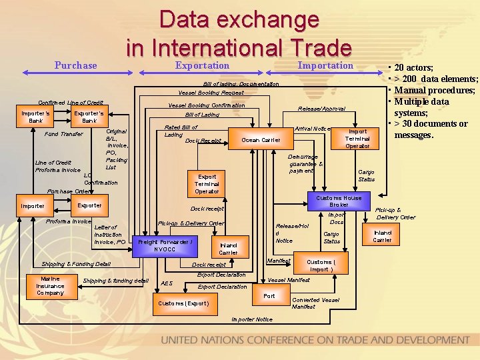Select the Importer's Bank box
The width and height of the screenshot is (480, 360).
coord(36,117)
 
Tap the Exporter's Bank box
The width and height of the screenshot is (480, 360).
coord(89,117)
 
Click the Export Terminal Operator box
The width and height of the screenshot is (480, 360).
coord(207,183)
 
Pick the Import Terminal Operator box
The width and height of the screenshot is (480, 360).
coord(357,137)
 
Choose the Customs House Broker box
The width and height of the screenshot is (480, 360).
coord(339,201)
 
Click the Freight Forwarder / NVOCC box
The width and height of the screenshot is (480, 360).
coord(165,245)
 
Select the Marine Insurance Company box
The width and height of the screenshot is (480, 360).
coord(50,285)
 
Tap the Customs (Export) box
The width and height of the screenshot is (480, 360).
coord(184,303)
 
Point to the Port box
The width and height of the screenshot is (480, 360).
coord(269,295)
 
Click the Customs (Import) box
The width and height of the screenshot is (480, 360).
coord(321,265)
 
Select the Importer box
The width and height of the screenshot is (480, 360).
coord(33,205)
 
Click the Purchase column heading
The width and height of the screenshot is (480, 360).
coord(75,65)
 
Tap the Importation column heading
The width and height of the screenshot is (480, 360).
coord(325,65)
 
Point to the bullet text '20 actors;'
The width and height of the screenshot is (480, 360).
coord(414,67)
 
